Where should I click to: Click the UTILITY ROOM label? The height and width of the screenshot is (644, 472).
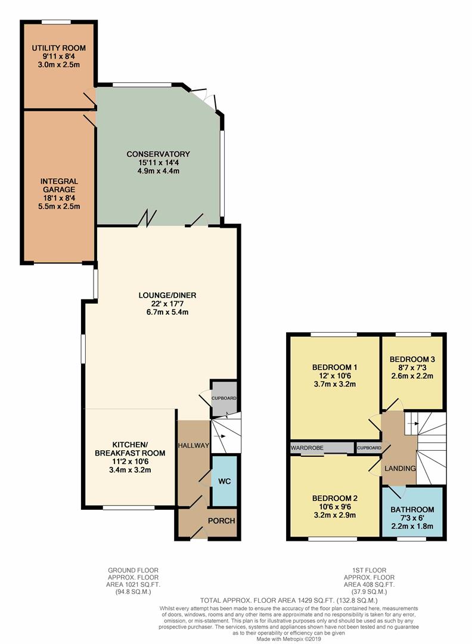(58, 48)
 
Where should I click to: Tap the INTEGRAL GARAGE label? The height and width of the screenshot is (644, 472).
(59, 185)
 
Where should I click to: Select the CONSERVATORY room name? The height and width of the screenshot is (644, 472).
(158, 154)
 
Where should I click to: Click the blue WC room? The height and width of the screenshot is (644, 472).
(225, 481)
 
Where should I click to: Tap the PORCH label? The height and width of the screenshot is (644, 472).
(221, 521)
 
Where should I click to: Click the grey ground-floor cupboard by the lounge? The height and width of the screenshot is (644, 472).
(224, 398)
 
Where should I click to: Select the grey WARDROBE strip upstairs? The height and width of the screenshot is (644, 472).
(322, 448)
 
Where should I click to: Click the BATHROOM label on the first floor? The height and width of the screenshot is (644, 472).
(412, 510)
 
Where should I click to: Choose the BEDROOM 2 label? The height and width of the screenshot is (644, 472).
(334, 498)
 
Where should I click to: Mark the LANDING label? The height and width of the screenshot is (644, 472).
(400, 468)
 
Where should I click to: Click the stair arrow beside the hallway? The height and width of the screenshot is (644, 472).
(219, 436)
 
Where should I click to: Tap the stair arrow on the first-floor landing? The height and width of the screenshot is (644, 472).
(413, 423)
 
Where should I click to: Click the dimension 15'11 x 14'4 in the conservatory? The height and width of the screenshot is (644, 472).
(159, 162)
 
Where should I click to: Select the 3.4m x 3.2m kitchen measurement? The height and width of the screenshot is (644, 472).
(130, 469)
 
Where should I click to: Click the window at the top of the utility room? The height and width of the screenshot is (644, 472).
(57, 22)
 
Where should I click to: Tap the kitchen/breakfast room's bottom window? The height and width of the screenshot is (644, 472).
(129, 507)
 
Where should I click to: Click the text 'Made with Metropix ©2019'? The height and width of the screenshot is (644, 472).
(289, 639)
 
